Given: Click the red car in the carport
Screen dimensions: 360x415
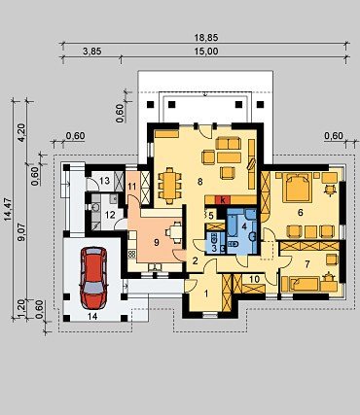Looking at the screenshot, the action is pos(93,278).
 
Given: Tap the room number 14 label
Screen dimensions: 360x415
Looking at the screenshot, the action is pos(92,317).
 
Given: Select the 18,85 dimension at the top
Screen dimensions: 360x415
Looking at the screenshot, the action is pos(206,38).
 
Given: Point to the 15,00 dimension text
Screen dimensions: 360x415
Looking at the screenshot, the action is pos(206,52).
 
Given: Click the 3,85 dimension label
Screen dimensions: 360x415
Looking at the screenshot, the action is pos(92,52).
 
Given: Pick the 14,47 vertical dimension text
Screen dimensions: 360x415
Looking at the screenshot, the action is pos(9,209).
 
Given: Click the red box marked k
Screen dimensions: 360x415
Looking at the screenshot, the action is pos(223,200).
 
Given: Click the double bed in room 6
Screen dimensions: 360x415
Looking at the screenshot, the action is pos(297,188).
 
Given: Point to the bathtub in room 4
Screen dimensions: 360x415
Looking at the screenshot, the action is pos(233,224).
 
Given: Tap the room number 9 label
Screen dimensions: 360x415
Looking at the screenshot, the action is pos(157,242).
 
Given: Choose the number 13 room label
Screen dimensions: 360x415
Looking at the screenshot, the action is pos(104,181).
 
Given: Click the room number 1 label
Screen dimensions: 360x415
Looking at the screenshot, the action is pos(205,294).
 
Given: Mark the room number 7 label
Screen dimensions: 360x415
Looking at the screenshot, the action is pos(307,264).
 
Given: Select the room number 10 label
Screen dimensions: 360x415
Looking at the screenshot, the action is pos(255,279).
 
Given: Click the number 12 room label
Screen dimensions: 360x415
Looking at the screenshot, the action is pos(110,215).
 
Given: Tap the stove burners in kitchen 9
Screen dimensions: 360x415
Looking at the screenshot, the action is pos(132,255).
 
